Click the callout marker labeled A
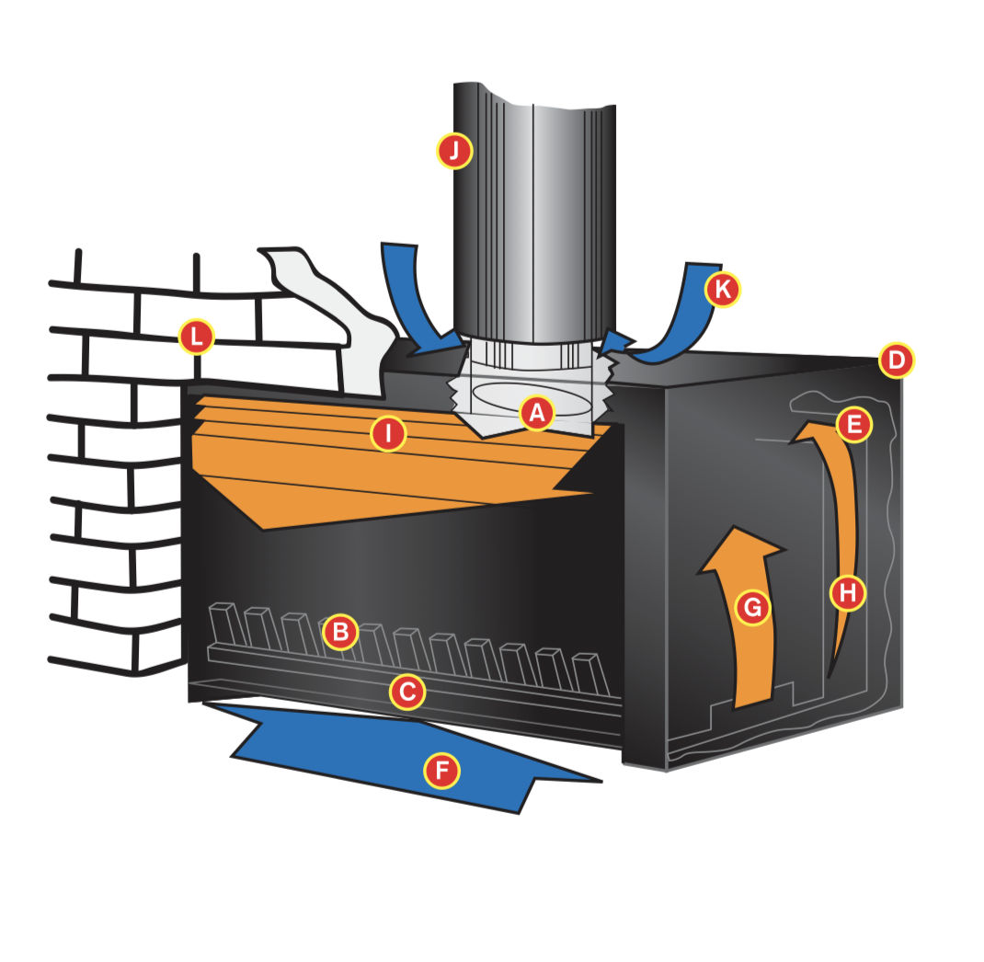click(537, 414)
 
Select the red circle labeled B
click(340, 631)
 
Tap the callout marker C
click(407, 693)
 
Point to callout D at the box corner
click(896, 361)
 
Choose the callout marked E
click(854, 424)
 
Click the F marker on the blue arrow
click(441, 770)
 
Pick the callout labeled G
click(752, 607)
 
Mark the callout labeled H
click(848, 591)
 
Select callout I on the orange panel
click(388, 433)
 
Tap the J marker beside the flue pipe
click(454, 150)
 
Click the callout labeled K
click(722, 290)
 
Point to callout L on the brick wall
click(197, 337)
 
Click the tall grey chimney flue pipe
click(533, 213)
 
